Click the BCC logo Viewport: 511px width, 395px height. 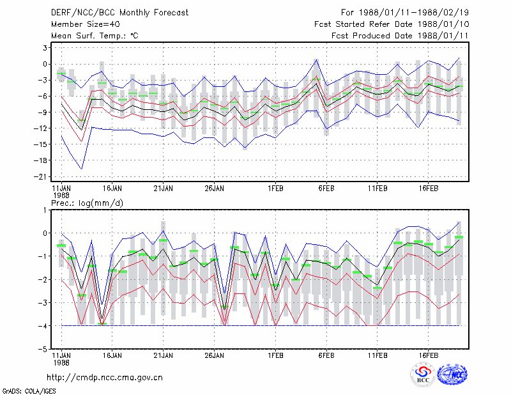coord(423,375)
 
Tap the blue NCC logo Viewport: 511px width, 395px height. coord(453,375)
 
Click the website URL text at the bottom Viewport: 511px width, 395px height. coord(105,378)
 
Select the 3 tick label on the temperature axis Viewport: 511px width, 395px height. coord(45,48)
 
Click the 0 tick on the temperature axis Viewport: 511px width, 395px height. coord(45,64)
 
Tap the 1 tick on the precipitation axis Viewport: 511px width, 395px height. coord(45,210)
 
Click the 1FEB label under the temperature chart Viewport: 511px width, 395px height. coord(275,189)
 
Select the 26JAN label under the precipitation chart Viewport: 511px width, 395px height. coord(214,355)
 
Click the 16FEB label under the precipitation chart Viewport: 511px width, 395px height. coord(428,355)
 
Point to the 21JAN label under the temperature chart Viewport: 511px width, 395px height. coord(164,189)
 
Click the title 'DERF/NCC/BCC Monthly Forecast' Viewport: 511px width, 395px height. coord(119,13)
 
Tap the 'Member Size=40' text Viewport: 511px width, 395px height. coord(86,24)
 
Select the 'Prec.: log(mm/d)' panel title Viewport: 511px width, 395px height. coord(87,203)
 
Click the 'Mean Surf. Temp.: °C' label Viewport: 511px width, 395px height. coord(95,36)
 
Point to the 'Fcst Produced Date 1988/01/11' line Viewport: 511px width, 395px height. coord(400,36)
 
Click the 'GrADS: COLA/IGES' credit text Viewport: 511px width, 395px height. coord(29,391)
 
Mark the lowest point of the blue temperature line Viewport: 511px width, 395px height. coord(82,169)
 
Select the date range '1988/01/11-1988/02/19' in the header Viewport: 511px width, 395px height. coord(413,13)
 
